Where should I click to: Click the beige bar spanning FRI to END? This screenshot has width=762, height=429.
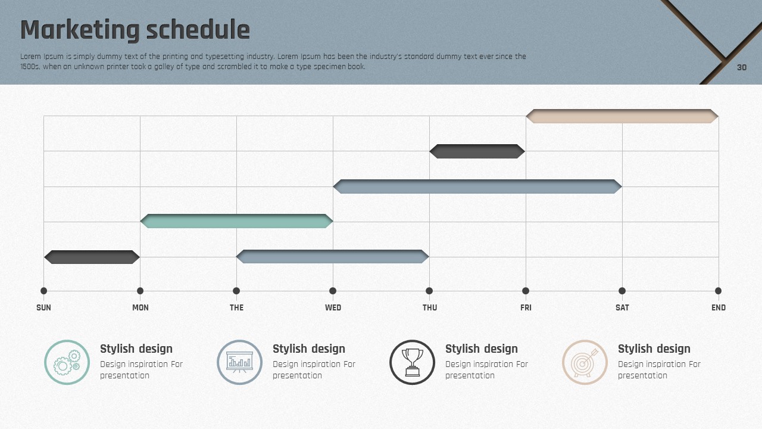tap(622, 116)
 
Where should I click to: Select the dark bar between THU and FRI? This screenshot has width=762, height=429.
tap(477, 151)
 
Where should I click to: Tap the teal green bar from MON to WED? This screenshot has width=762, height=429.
tap(236, 221)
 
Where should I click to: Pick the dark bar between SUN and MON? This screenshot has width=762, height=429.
tap(92, 257)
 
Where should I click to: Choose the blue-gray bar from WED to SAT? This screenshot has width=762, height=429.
tap(477, 186)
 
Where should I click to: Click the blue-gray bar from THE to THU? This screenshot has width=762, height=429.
tap(333, 256)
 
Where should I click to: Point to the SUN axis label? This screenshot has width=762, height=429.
tap(43, 308)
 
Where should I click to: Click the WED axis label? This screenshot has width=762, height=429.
tap(333, 308)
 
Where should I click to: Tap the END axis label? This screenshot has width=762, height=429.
tap(719, 308)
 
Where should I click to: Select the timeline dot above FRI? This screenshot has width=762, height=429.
tap(526, 291)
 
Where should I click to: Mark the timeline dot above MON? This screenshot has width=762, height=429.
tap(140, 291)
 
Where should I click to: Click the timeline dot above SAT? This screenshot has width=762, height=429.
tap(622, 291)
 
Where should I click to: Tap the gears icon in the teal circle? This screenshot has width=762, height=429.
tap(67, 362)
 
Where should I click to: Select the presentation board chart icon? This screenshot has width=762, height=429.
tap(239, 362)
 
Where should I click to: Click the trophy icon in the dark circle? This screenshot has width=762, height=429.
tap(413, 362)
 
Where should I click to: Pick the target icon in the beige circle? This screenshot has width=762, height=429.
tap(585, 362)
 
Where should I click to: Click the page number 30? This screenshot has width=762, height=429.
tap(742, 67)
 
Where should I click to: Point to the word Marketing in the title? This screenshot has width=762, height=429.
tap(80, 30)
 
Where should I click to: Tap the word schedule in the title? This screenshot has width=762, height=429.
tap(198, 30)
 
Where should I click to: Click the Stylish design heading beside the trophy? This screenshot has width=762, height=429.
tap(482, 349)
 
